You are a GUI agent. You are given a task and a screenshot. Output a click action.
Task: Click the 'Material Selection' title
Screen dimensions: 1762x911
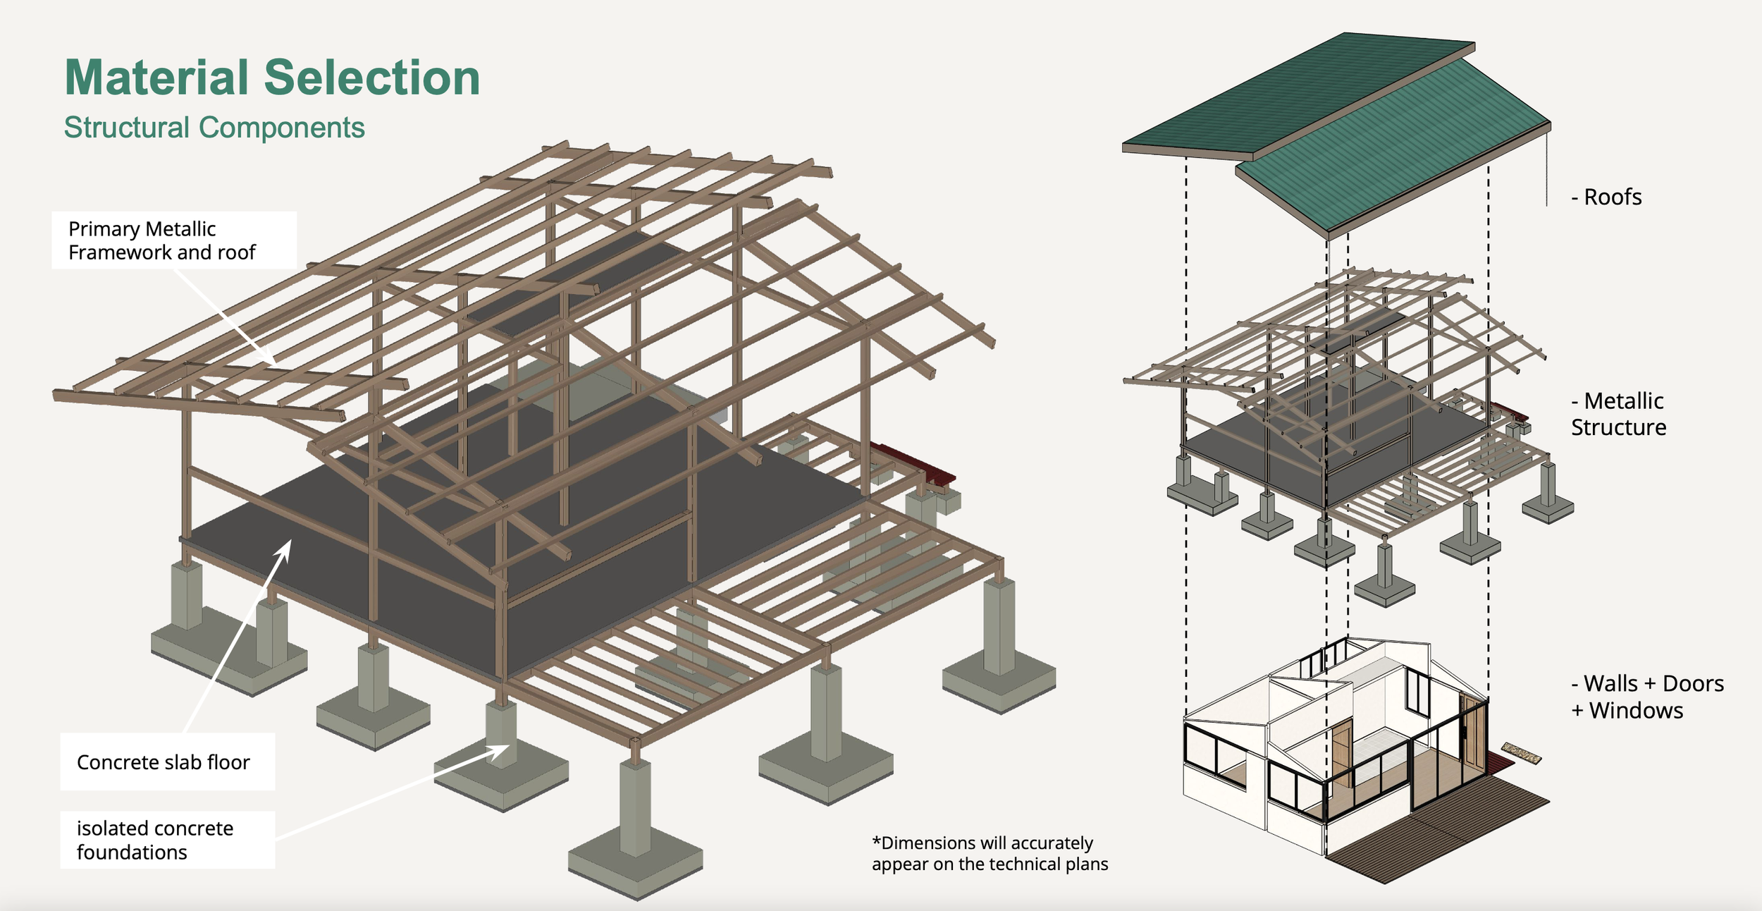point(272,78)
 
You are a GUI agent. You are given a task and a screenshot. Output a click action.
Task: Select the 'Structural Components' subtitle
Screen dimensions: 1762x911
point(214,128)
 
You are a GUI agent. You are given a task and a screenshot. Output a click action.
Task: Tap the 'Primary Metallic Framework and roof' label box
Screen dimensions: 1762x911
point(173,240)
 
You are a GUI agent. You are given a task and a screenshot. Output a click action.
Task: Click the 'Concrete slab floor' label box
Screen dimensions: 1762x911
point(167,762)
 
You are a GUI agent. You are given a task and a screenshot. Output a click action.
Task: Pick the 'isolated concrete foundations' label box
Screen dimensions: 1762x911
point(167,840)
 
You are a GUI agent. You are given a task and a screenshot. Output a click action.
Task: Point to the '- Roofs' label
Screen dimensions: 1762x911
point(1606,197)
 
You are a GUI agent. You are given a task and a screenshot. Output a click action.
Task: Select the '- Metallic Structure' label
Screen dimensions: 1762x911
point(1618,414)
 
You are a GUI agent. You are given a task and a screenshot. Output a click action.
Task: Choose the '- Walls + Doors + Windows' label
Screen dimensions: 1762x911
point(1647,697)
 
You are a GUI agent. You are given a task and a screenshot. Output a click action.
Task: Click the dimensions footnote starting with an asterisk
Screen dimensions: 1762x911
point(990,853)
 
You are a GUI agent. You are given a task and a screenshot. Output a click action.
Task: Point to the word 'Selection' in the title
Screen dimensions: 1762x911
point(372,78)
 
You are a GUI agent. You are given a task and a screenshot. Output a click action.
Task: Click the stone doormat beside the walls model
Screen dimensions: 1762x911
point(1522,753)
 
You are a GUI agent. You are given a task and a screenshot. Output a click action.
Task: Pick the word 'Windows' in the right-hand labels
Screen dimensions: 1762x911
point(1636,710)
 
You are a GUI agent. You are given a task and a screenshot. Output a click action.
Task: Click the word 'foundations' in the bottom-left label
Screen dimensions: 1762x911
point(132,852)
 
